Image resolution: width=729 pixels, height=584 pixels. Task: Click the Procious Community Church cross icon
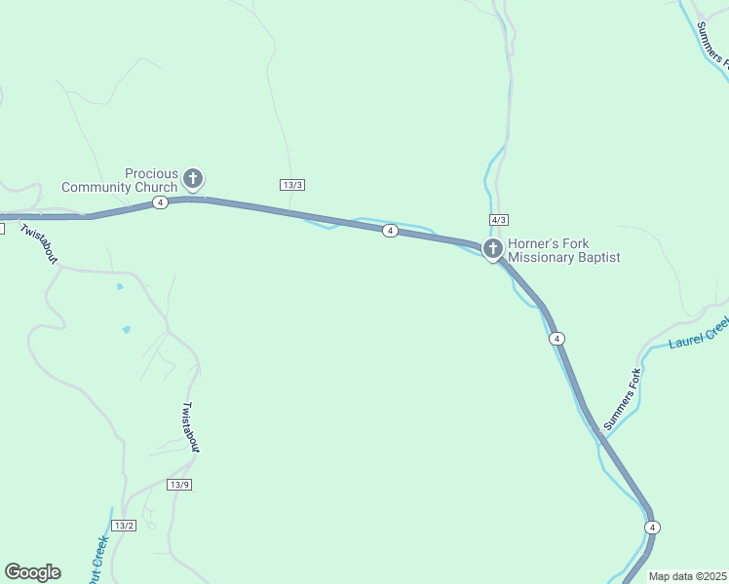(x=193, y=178)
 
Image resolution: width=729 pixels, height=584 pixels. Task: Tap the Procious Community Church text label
(x=120, y=180)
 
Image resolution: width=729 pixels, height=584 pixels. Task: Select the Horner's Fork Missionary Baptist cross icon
(x=492, y=249)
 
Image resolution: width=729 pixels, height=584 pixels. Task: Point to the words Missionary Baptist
(x=564, y=258)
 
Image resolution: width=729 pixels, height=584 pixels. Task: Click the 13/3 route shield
(x=292, y=185)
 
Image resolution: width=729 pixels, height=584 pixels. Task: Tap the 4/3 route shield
(x=499, y=220)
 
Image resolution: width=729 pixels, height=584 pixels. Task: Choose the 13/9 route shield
(x=179, y=485)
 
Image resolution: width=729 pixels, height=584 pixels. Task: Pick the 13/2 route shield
(x=124, y=526)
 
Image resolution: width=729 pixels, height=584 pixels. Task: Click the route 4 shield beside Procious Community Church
(x=161, y=201)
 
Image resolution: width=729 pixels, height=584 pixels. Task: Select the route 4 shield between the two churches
(x=390, y=231)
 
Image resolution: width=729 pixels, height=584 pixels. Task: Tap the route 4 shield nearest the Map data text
(x=652, y=527)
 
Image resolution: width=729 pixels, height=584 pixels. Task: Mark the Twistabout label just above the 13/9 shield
(x=191, y=426)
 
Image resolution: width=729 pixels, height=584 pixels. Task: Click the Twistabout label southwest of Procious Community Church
(x=39, y=240)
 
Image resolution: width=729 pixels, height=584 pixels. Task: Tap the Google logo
(x=32, y=572)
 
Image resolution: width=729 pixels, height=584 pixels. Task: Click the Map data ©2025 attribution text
(x=688, y=576)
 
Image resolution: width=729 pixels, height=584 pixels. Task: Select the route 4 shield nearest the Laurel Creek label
(x=556, y=338)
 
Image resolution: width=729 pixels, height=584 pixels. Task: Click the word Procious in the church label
(x=151, y=173)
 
